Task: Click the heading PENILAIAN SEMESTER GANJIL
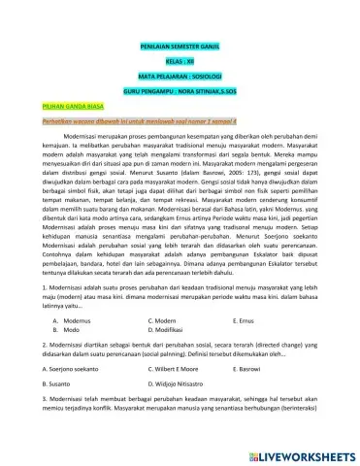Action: (180, 46)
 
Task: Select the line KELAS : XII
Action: (180, 59)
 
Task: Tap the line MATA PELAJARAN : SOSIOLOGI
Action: (180, 74)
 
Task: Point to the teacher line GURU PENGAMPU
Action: (180, 88)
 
